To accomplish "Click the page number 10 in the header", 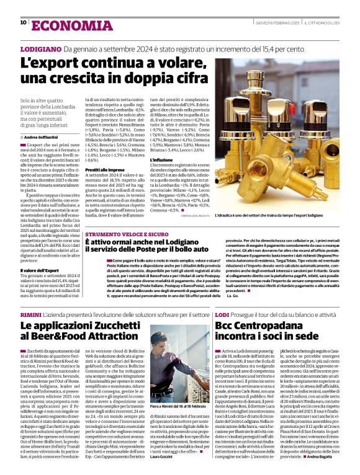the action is click(x=23, y=22).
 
